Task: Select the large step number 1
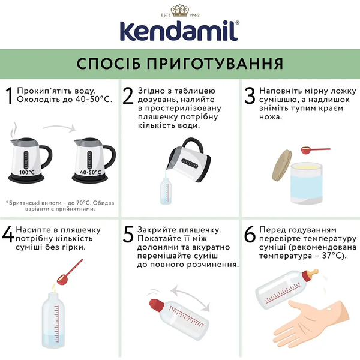tap(8, 97)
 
